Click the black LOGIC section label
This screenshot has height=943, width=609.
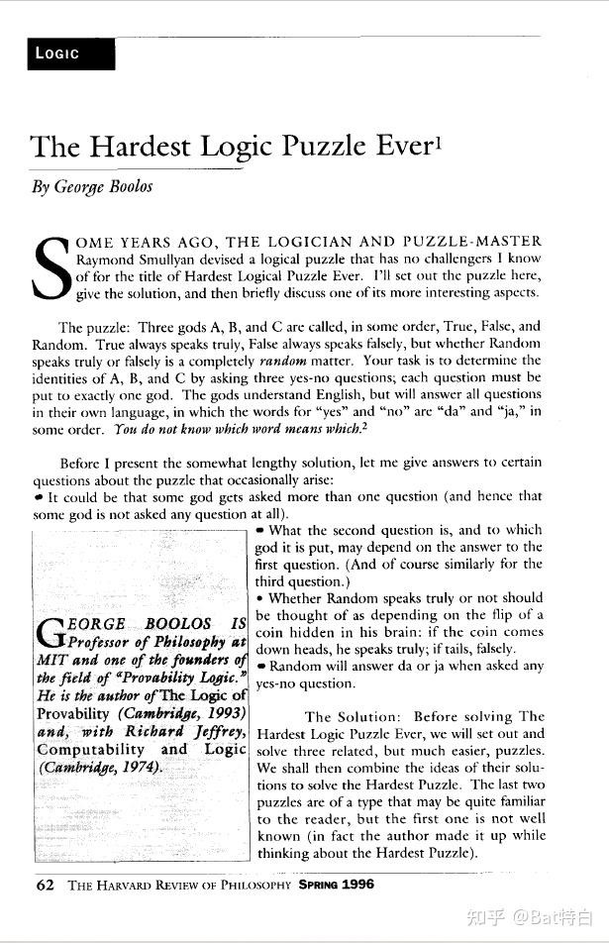coord(70,53)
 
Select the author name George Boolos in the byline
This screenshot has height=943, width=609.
coord(102,187)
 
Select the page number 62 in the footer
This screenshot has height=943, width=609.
coord(45,885)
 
